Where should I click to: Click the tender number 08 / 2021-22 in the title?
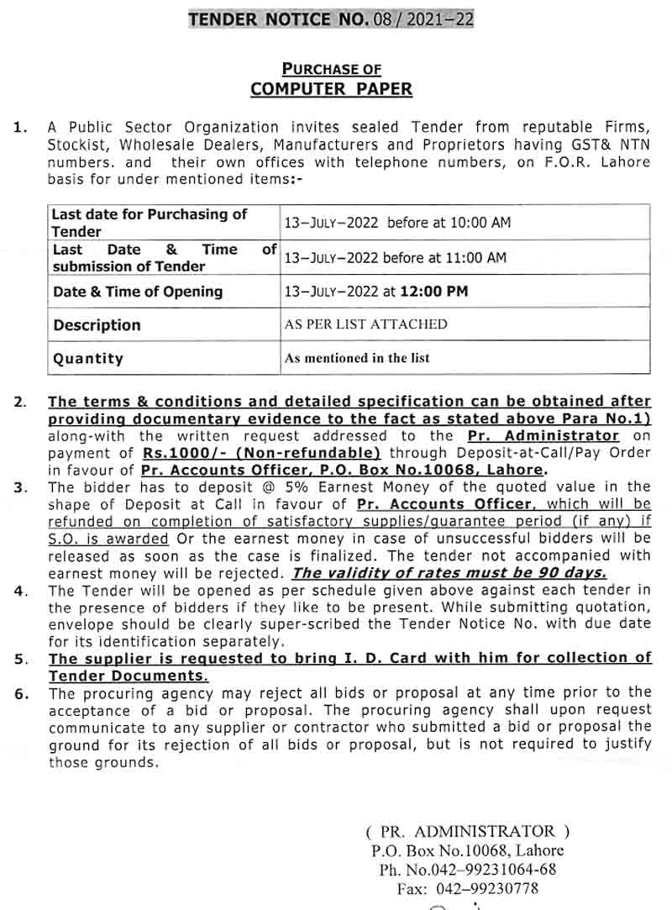[423, 18]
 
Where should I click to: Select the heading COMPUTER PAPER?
[332, 89]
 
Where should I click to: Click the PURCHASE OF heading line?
[331, 69]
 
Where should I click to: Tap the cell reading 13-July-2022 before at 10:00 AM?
[396, 223]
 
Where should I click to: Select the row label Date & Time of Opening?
[138, 292]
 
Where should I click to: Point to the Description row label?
[97, 325]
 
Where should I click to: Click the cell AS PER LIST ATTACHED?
[366, 324]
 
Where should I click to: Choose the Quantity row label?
[88, 359]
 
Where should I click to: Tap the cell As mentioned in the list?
[357, 358]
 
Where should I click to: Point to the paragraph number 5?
[20, 659]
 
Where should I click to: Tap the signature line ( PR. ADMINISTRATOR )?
[468, 832]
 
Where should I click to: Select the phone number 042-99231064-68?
[490, 870]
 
